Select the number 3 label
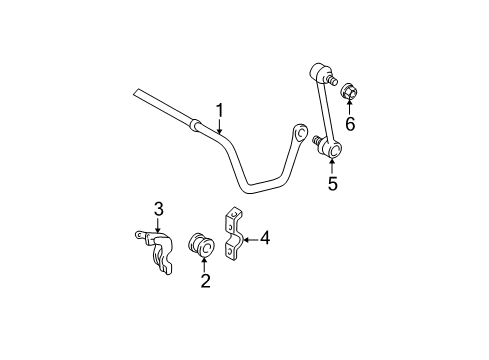point(158,208)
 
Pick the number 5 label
point(333,183)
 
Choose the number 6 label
point(350,124)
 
